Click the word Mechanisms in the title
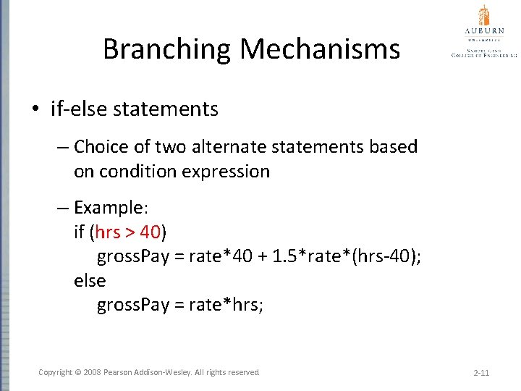point(320,49)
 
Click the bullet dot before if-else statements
point(35,110)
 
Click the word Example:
point(111,208)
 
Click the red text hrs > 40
point(127,232)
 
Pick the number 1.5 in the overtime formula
point(287,256)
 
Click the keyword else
point(90,280)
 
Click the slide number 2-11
point(481,373)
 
